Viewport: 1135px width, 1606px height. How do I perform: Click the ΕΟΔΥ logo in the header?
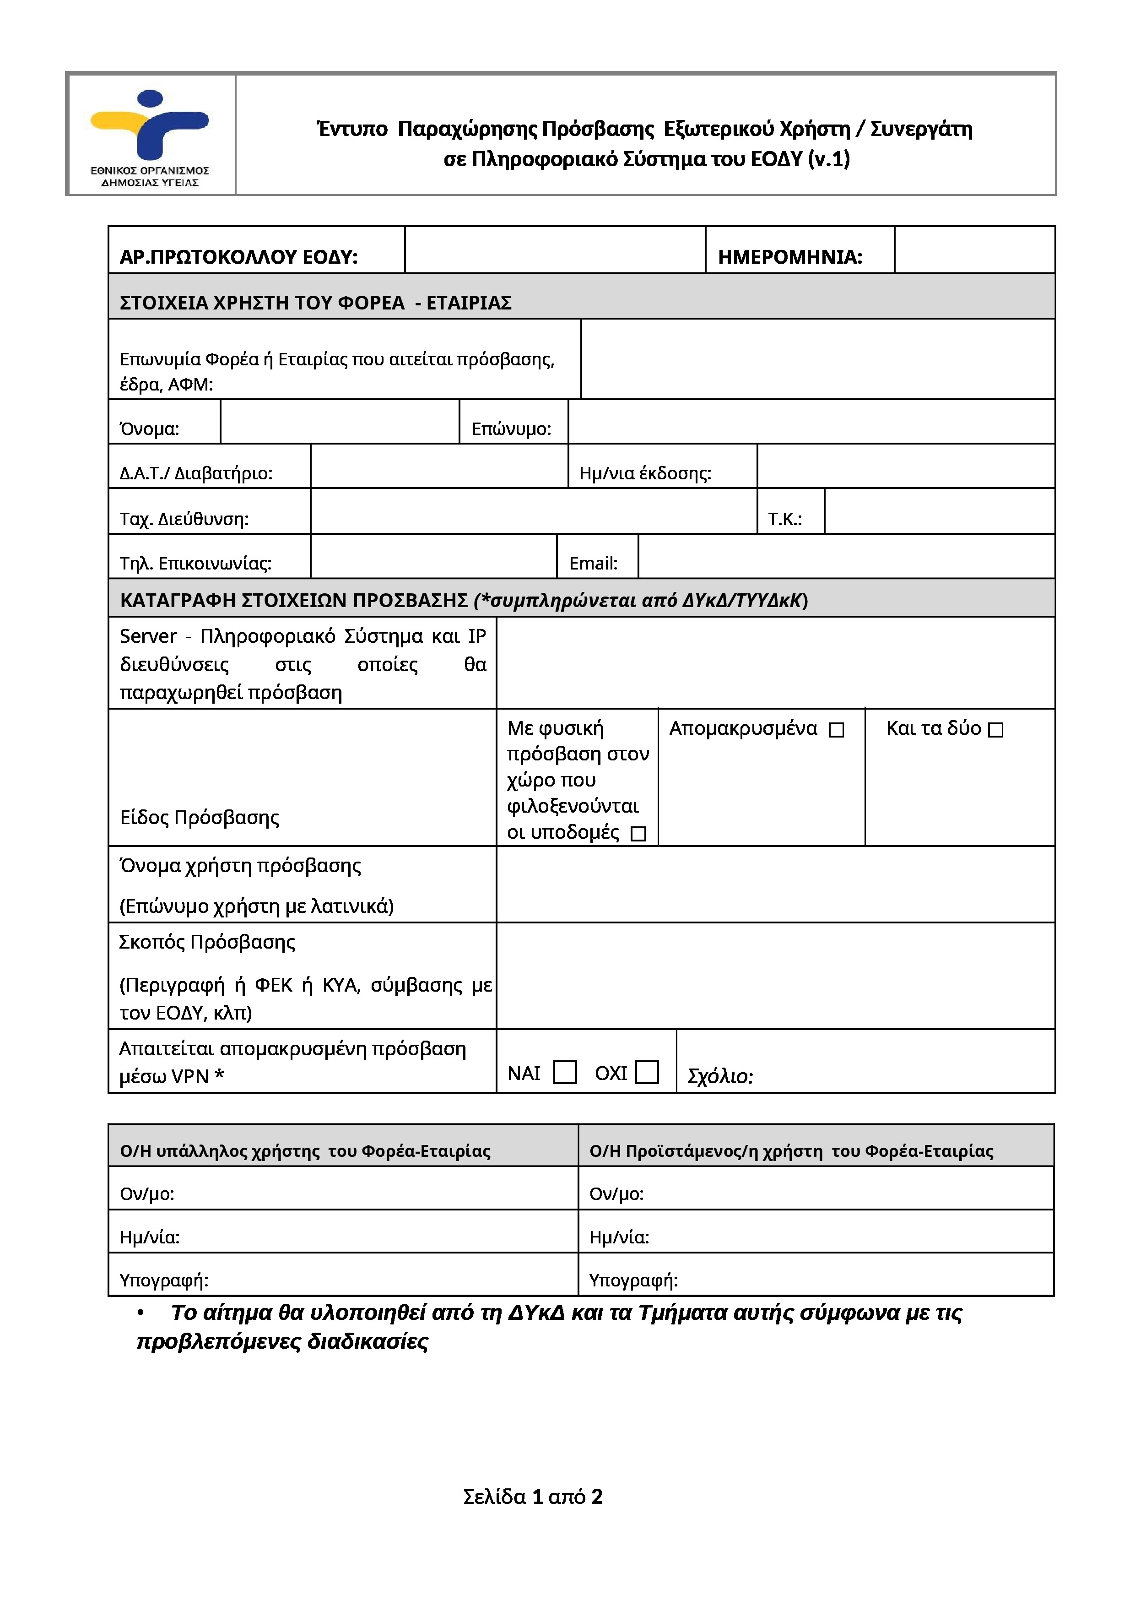click(x=150, y=134)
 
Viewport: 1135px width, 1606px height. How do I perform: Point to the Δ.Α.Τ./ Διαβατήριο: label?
click(x=196, y=473)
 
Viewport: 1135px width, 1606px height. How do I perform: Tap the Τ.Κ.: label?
click(x=784, y=519)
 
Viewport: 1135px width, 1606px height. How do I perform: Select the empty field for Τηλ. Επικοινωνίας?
click(x=433, y=557)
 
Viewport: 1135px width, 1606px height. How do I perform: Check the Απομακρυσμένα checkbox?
click(x=837, y=730)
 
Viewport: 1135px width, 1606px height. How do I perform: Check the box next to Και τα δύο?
click(x=996, y=730)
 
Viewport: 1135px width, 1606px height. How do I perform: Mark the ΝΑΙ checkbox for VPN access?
click(x=564, y=1072)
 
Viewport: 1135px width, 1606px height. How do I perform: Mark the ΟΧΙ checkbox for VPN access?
click(x=647, y=1072)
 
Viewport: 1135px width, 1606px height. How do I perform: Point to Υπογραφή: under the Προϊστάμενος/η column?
click(x=633, y=1280)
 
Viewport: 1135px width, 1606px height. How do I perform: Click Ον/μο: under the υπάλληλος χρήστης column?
click(x=147, y=1194)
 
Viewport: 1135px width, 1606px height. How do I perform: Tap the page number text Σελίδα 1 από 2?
click(x=532, y=1496)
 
